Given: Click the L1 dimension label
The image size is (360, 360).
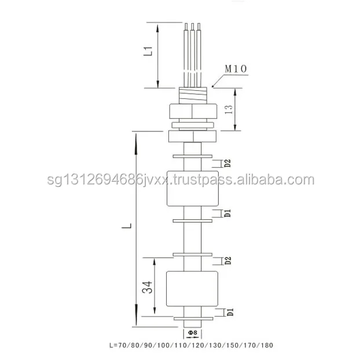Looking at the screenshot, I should (149, 51).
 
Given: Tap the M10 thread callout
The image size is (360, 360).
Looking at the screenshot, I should (236, 69).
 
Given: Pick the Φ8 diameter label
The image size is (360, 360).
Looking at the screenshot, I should (192, 333).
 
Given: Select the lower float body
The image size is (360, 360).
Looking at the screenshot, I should (192, 289).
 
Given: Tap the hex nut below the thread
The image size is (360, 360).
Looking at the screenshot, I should (192, 111).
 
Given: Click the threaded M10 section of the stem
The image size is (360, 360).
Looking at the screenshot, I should (192, 95).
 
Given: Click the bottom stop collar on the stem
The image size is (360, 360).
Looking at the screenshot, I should (192, 318).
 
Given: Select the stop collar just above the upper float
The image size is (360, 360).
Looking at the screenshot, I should (192, 157).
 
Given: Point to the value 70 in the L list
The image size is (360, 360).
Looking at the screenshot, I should (122, 346).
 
